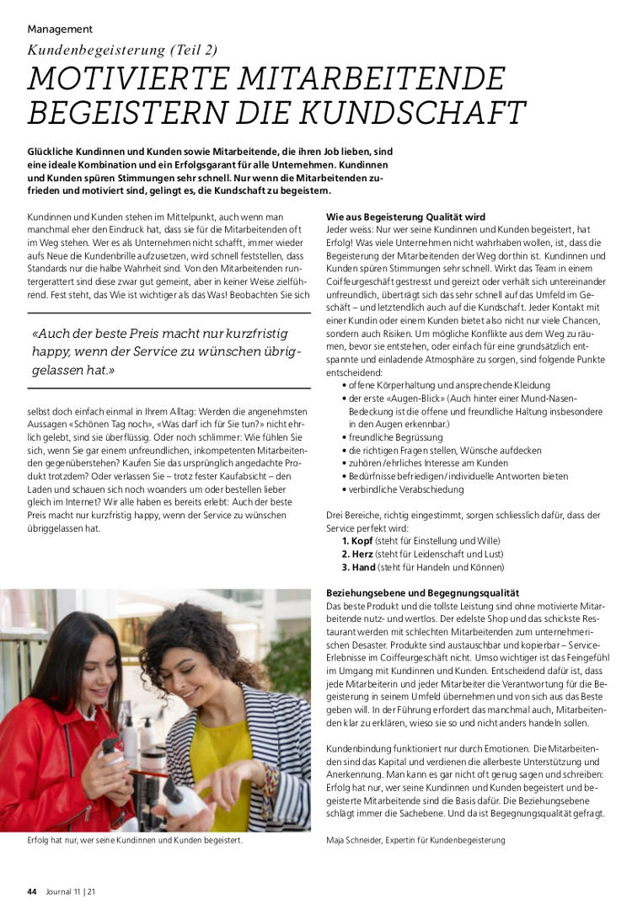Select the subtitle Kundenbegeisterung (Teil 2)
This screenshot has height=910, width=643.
(123, 51)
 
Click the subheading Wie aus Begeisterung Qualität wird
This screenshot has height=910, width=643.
(405, 217)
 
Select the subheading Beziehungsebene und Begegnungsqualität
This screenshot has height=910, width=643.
(422, 593)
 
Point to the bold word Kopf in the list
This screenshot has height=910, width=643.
(363, 540)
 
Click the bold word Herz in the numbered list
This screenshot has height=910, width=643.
(363, 554)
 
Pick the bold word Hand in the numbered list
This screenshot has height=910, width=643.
(364, 567)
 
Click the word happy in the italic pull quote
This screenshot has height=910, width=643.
(52, 351)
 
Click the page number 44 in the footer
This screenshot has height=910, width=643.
(32, 891)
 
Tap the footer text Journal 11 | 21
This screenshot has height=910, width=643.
(70, 891)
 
